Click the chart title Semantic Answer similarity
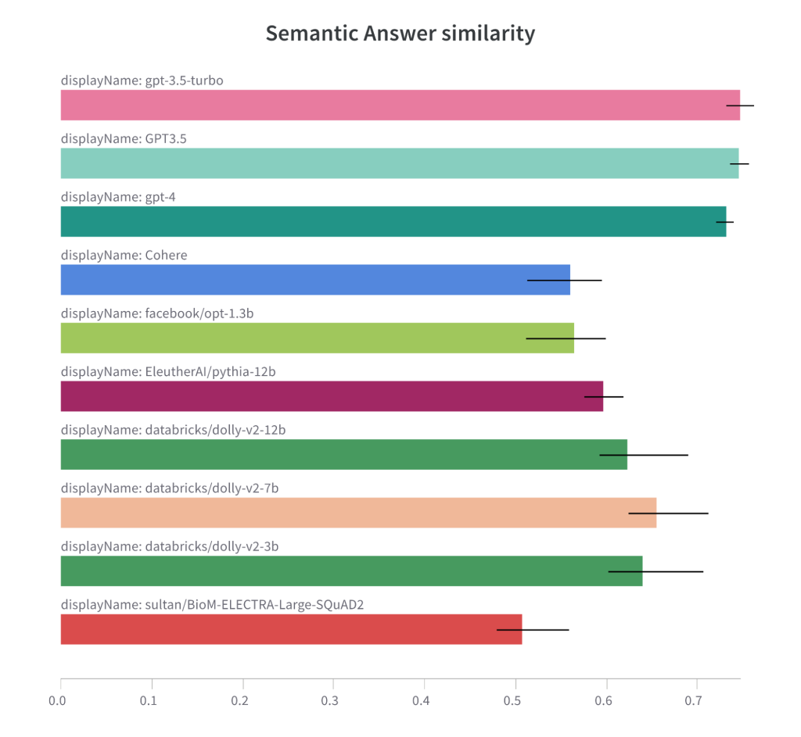point(400,34)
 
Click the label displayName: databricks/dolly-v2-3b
point(170,546)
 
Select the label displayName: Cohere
point(124,255)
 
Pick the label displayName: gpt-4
point(118,197)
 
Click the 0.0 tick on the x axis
point(60,701)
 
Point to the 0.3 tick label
point(333,701)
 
